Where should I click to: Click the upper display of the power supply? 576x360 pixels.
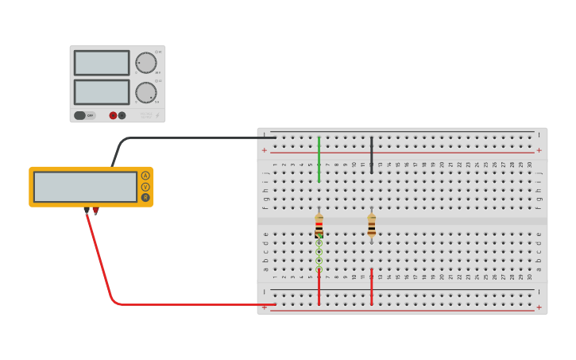102,63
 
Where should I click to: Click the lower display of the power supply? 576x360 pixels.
102,91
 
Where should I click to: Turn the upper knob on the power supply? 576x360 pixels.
145,63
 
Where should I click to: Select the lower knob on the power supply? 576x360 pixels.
145,92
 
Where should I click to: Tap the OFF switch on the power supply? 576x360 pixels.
80,115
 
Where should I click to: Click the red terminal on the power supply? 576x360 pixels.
113,115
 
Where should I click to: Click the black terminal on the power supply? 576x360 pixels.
122,115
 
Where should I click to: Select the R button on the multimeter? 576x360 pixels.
145,197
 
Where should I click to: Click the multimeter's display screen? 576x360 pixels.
85,187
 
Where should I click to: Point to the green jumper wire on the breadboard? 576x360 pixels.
319,159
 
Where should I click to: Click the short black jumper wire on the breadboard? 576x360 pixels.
371,154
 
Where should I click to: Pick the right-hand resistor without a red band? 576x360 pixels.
371,225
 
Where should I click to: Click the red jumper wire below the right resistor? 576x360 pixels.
371,288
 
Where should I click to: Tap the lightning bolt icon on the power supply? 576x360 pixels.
157,116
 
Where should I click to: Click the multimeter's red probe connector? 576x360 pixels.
95,211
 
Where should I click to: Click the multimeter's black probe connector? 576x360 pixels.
86,211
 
